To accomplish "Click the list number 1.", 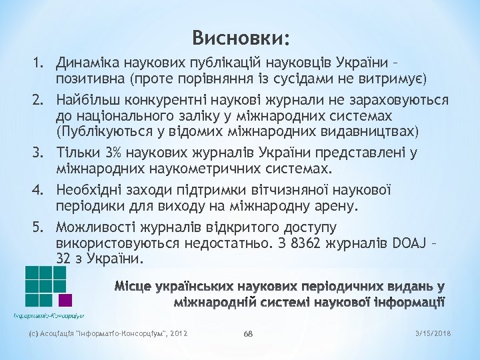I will click(38, 64).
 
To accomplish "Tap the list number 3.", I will click(38, 153).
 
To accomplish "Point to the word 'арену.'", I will click(335, 205).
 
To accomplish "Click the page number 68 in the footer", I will click(248, 333).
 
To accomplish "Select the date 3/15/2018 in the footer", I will click(432, 333).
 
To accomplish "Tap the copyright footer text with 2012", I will click(107, 333).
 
